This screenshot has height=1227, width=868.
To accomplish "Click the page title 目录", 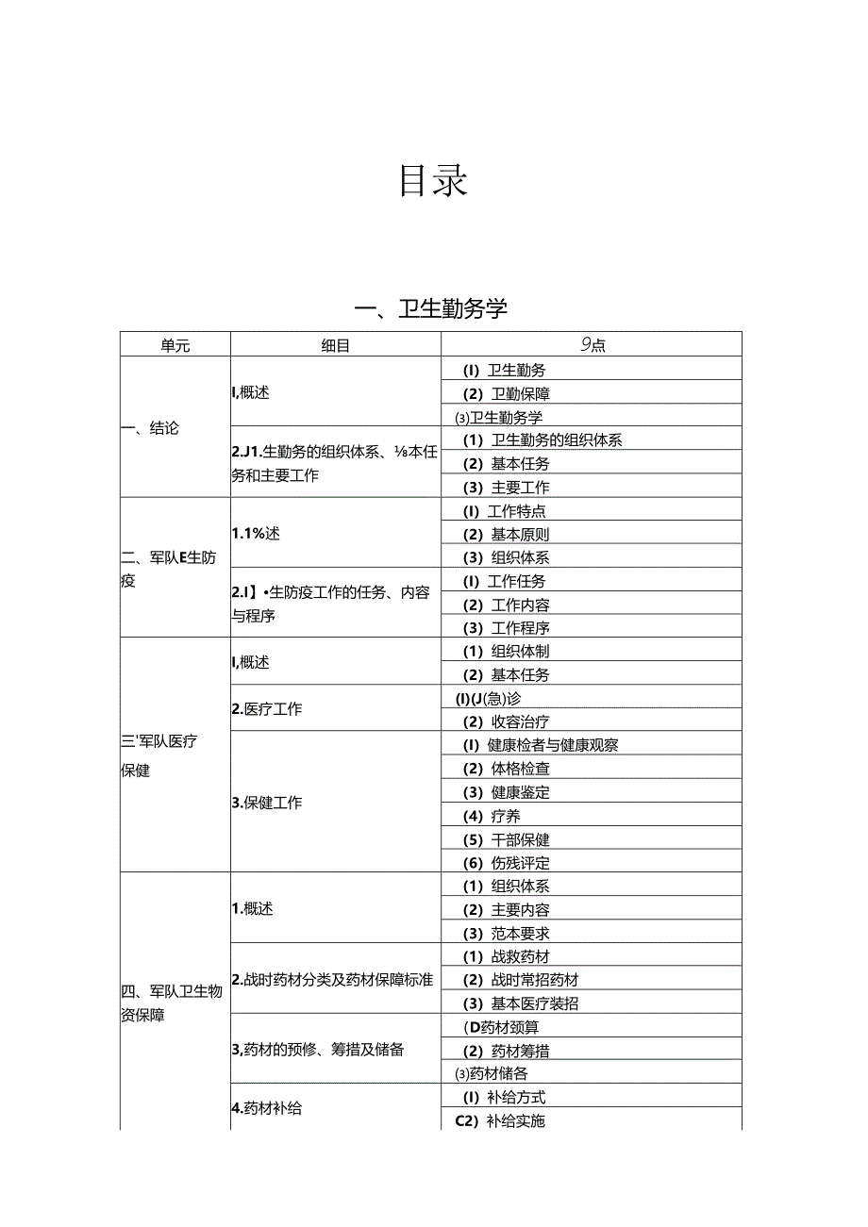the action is pyautogui.click(x=433, y=180).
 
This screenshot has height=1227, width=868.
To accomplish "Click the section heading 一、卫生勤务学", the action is pyautogui.click(x=431, y=308).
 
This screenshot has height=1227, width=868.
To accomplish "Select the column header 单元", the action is pyautogui.click(x=175, y=345).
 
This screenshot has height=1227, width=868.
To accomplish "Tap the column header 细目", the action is pyautogui.click(x=335, y=345).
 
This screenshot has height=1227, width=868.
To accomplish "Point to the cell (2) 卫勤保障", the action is pyautogui.click(x=506, y=393).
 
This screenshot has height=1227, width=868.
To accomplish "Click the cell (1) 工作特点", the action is pyautogui.click(x=504, y=511).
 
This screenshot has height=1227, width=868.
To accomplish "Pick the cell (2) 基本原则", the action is pyautogui.click(x=506, y=535).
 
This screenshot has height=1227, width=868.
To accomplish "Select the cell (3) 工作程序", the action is pyautogui.click(x=506, y=628).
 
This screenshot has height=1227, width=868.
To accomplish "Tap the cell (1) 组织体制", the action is pyautogui.click(x=506, y=651).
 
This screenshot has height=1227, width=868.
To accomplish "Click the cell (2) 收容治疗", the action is pyautogui.click(x=506, y=721).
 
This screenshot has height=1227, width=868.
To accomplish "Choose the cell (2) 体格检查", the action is pyautogui.click(x=506, y=769).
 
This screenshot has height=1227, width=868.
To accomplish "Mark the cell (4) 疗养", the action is pyautogui.click(x=492, y=816).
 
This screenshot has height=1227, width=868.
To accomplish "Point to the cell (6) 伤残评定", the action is pyautogui.click(x=506, y=863).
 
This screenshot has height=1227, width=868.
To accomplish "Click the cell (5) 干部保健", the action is pyautogui.click(x=506, y=839).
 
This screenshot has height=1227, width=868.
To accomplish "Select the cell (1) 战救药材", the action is pyautogui.click(x=506, y=957).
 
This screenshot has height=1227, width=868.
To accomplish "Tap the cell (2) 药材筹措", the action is pyautogui.click(x=506, y=1051).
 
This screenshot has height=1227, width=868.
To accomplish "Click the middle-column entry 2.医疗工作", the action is pyautogui.click(x=267, y=709).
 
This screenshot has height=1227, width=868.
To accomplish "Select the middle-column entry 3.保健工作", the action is pyautogui.click(x=267, y=804).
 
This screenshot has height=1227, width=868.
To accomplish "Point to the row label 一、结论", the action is pyautogui.click(x=150, y=428).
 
